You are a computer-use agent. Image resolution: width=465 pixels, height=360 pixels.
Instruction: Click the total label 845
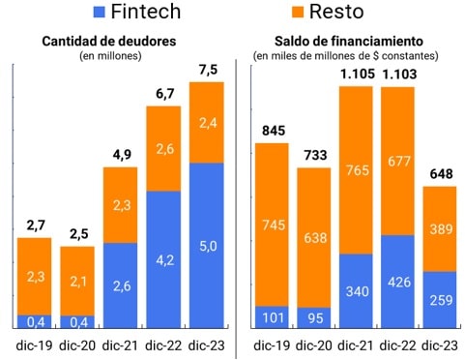(x=272, y=132)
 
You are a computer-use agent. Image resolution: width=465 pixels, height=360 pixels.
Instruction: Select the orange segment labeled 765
(x=358, y=170)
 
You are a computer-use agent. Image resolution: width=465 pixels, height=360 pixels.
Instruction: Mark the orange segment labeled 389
(x=443, y=228)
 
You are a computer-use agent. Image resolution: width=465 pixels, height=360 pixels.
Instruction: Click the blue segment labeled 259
(x=443, y=300)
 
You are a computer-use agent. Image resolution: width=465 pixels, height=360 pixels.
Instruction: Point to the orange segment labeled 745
(x=272, y=225)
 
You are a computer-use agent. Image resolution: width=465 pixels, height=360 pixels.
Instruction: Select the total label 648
(x=443, y=174)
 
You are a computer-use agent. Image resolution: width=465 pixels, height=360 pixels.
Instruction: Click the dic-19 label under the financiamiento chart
(x=272, y=345)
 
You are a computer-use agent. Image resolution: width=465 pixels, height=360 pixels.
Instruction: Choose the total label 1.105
(x=358, y=74)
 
